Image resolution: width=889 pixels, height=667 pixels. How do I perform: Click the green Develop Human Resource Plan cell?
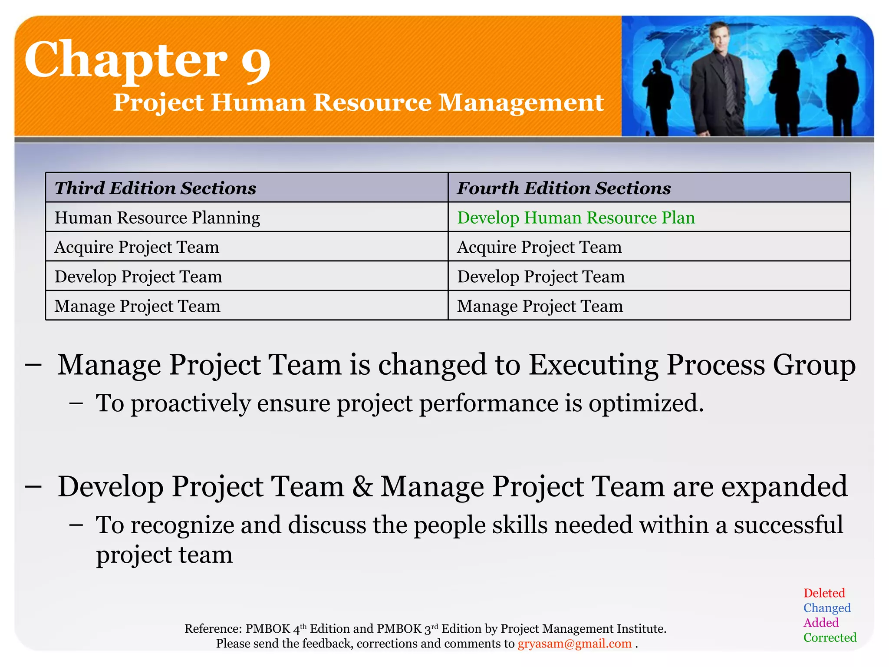pyautogui.click(x=576, y=218)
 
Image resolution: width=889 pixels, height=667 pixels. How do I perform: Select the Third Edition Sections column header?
pyautogui.click(x=155, y=188)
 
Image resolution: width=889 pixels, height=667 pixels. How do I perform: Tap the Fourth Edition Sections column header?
pyautogui.click(x=563, y=188)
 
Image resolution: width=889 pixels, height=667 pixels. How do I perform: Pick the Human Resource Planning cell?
pyautogui.click(x=157, y=218)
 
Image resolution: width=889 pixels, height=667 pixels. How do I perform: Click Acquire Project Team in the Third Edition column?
pyautogui.click(x=137, y=247)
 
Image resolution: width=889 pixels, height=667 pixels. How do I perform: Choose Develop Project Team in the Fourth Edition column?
pyautogui.click(x=541, y=277)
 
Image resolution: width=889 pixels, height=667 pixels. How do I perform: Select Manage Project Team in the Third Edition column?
pyautogui.click(x=137, y=306)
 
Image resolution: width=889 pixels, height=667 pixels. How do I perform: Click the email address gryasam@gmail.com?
pyautogui.click(x=574, y=644)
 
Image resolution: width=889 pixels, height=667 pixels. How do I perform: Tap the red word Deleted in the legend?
pyautogui.click(x=824, y=593)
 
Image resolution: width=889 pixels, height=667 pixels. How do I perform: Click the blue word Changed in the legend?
pyautogui.click(x=826, y=608)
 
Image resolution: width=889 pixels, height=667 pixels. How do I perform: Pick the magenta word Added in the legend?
pyautogui.click(x=821, y=623)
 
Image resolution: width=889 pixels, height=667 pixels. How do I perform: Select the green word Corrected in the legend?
pyautogui.click(x=830, y=637)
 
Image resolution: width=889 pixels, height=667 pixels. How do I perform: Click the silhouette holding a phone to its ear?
pyautogui.click(x=657, y=96)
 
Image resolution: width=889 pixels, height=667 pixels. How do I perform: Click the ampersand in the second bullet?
pyautogui.click(x=362, y=486)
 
